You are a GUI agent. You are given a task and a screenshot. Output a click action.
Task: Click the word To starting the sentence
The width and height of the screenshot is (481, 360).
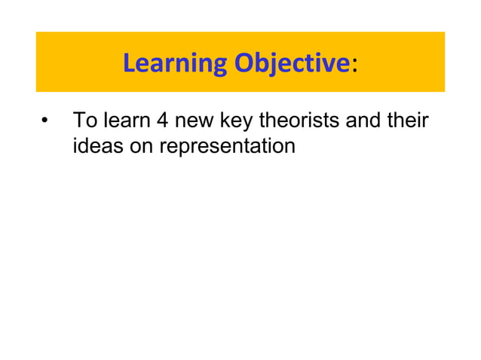[81, 121]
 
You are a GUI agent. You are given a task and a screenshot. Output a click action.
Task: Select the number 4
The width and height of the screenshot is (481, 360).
[160, 121]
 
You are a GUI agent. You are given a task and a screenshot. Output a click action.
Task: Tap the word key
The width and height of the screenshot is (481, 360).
[238, 121]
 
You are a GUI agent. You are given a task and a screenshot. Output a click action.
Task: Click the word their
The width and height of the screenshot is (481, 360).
[412, 121]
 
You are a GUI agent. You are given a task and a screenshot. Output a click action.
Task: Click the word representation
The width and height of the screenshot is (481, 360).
[226, 146]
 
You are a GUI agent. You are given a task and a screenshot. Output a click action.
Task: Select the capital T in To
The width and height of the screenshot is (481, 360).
[77, 121]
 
